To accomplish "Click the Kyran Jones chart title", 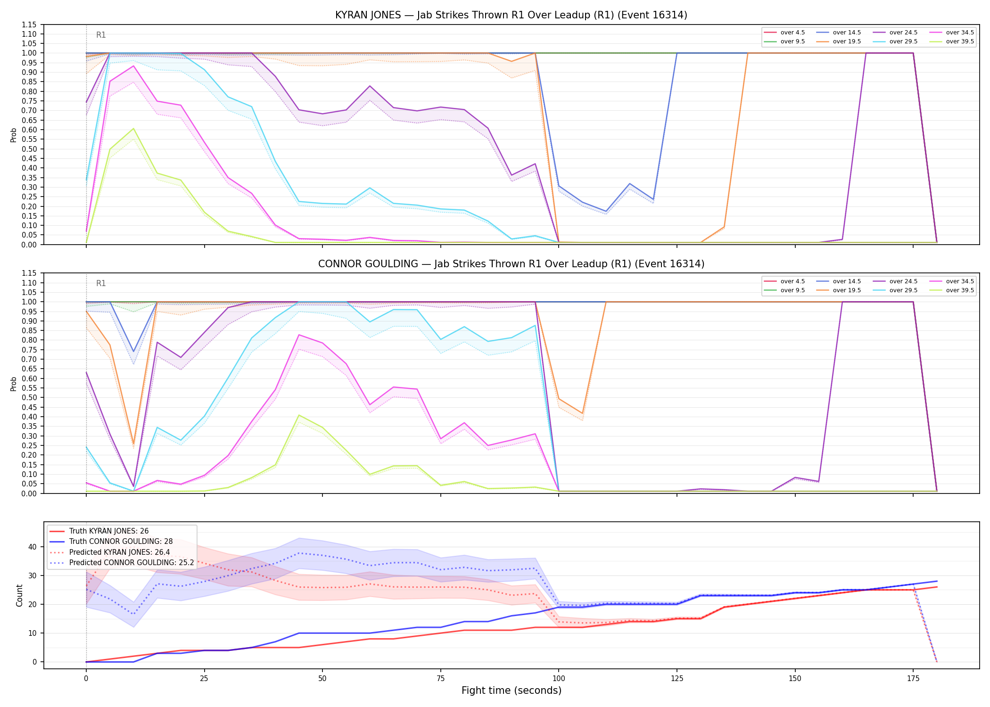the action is click(511, 15).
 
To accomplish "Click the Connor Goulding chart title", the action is click(511, 264).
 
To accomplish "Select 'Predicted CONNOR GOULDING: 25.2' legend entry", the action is click(122, 563).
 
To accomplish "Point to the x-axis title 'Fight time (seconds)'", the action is click(511, 691).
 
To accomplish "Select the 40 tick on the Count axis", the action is click(33, 547).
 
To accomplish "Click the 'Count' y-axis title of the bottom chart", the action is click(19, 595).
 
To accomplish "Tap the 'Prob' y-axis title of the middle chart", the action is click(14, 384).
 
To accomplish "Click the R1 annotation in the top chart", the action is click(101, 35).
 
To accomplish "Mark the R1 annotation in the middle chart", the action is click(101, 283).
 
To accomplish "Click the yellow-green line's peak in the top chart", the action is click(133, 128).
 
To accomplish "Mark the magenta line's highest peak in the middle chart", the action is click(299, 335).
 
